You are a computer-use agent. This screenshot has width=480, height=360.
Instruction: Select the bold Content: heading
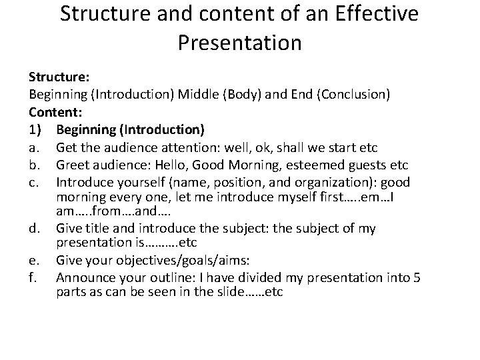(52, 111)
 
